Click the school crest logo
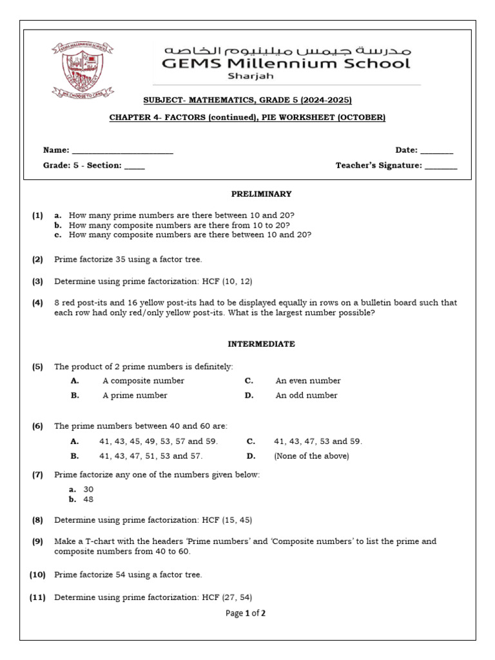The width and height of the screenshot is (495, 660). (80, 70)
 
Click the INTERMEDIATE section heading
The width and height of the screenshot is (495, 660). (264, 344)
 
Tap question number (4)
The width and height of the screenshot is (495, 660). (37, 302)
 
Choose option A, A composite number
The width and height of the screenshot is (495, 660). (143, 381)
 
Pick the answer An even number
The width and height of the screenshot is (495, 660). (308, 381)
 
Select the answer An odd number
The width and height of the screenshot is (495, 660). (306, 396)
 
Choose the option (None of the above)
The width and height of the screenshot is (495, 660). (311, 456)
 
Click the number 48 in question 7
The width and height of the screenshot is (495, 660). (88, 499)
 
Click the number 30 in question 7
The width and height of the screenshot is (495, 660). (88, 489)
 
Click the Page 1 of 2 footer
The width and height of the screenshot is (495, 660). (246, 614)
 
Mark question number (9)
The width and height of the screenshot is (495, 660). (37, 541)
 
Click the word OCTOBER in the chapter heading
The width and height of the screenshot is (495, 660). (362, 117)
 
